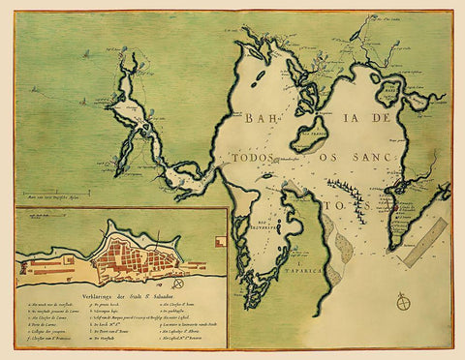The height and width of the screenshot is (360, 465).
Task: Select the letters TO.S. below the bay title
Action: (350, 204)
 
